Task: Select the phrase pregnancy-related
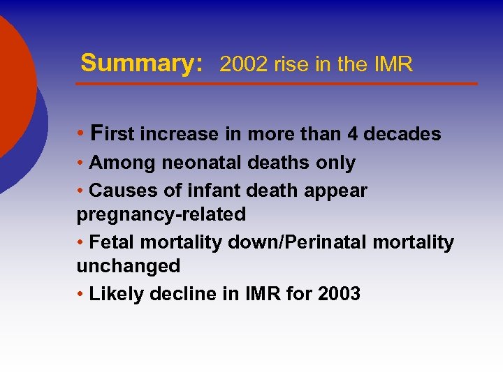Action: [x=161, y=214]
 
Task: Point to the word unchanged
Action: [x=129, y=266]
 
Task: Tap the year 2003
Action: [x=339, y=294]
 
